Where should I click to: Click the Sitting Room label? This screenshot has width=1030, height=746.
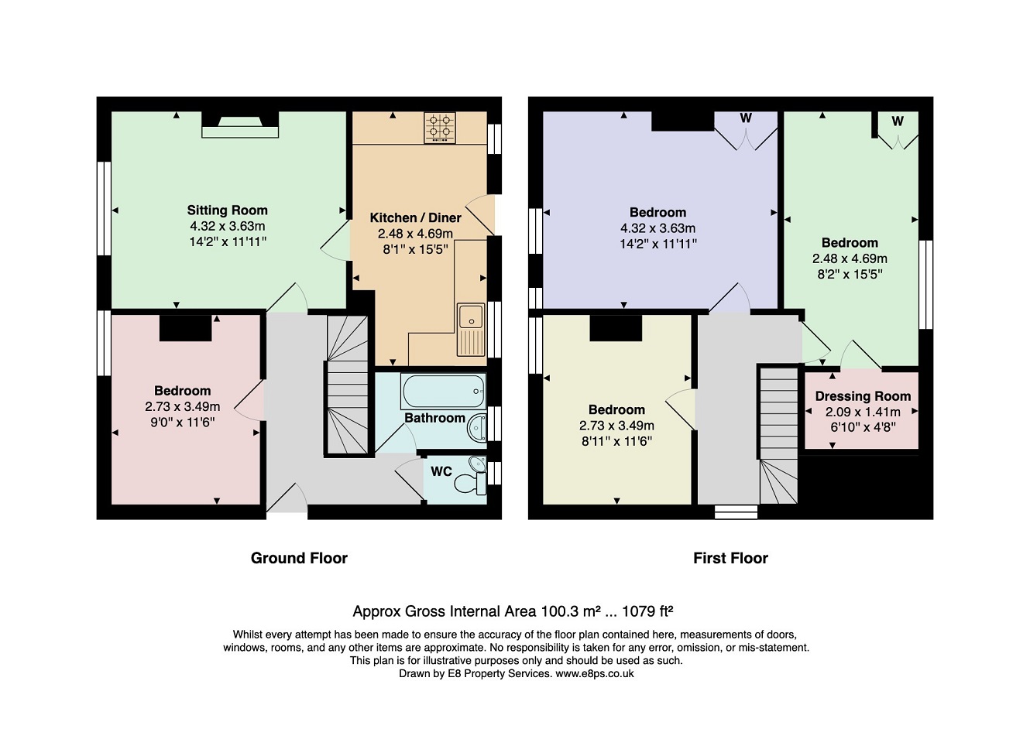[227, 210]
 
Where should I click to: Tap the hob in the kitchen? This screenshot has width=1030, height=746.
[440, 128]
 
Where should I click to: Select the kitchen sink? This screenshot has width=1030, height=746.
[471, 330]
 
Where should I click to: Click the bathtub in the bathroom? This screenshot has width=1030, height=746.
[443, 391]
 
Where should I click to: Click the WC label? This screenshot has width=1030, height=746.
[441, 471]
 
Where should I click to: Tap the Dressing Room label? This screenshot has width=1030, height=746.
[863, 396]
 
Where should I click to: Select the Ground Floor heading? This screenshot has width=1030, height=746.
[299, 558]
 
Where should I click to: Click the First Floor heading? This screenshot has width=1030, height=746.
[730, 558]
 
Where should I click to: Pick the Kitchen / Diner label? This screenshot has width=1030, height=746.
[416, 217]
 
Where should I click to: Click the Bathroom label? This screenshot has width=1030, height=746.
[434, 418]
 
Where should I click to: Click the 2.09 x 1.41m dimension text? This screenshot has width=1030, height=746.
[863, 412]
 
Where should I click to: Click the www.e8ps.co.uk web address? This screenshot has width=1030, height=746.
[595, 673]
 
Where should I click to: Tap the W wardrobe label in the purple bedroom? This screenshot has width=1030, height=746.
[745, 118]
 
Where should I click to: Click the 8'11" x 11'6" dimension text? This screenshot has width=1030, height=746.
[616, 441]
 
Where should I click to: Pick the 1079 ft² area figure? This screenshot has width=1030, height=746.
[647, 611]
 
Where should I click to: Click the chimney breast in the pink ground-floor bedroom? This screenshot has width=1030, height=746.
[185, 328]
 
